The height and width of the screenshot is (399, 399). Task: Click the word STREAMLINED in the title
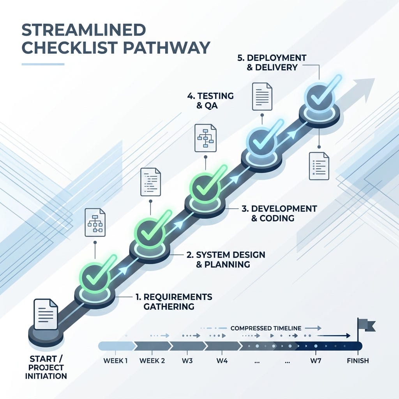(x=84, y=30)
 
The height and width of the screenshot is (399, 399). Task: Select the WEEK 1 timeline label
(x=115, y=360)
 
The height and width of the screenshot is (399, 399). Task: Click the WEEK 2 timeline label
(x=152, y=360)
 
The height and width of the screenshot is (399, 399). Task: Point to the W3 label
(x=187, y=360)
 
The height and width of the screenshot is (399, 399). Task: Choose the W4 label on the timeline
(x=222, y=360)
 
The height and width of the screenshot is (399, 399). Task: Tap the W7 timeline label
(x=316, y=360)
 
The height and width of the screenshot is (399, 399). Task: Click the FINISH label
(x=358, y=360)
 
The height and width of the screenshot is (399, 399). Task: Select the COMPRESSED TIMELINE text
(x=266, y=328)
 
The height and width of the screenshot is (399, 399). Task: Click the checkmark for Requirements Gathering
(x=98, y=272)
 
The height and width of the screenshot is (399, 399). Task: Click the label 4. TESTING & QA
(x=210, y=101)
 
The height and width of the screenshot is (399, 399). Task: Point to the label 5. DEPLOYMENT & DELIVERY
(x=272, y=62)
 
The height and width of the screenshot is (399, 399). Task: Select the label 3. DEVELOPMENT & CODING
(x=279, y=213)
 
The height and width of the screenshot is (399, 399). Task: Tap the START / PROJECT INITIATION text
(x=46, y=367)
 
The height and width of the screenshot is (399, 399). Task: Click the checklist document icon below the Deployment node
(x=319, y=166)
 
